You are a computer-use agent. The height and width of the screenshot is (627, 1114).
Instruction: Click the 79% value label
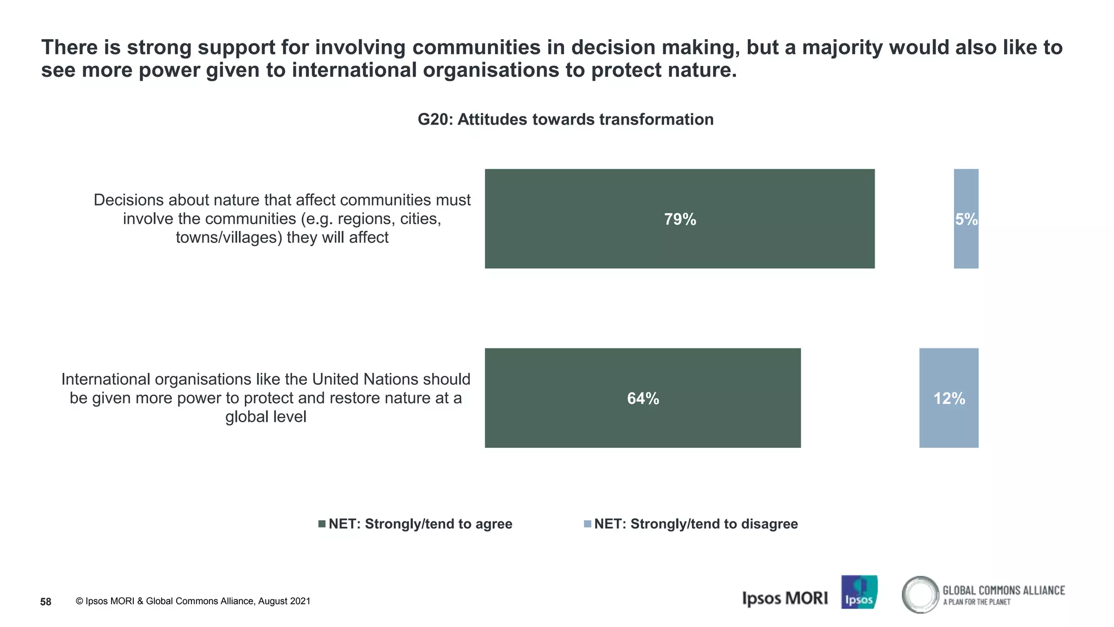[680, 219]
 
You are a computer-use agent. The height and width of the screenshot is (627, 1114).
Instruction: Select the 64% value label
[643, 398]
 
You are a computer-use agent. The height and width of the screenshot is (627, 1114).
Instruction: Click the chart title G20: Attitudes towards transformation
[565, 119]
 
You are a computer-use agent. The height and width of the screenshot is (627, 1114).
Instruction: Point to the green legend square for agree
[322, 524]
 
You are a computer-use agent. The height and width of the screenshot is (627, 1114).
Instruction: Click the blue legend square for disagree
[587, 524]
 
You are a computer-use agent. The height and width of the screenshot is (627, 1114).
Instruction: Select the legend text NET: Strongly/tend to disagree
[696, 524]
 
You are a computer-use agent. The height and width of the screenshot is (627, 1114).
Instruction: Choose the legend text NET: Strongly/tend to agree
[420, 524]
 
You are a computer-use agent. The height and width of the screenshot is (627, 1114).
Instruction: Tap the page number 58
[46, 601]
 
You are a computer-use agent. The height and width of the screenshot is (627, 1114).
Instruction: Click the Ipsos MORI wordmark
[784, 598]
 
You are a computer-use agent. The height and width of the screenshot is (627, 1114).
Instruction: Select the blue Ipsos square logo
[859, 592]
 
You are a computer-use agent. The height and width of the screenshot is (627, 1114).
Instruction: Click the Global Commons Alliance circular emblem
[920, 594]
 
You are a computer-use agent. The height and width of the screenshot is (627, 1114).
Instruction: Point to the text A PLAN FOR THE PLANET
[976, 602]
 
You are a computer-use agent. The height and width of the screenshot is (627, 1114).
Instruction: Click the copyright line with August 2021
[193, 601]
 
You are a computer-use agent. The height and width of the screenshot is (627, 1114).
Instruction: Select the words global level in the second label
[265, 417]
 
